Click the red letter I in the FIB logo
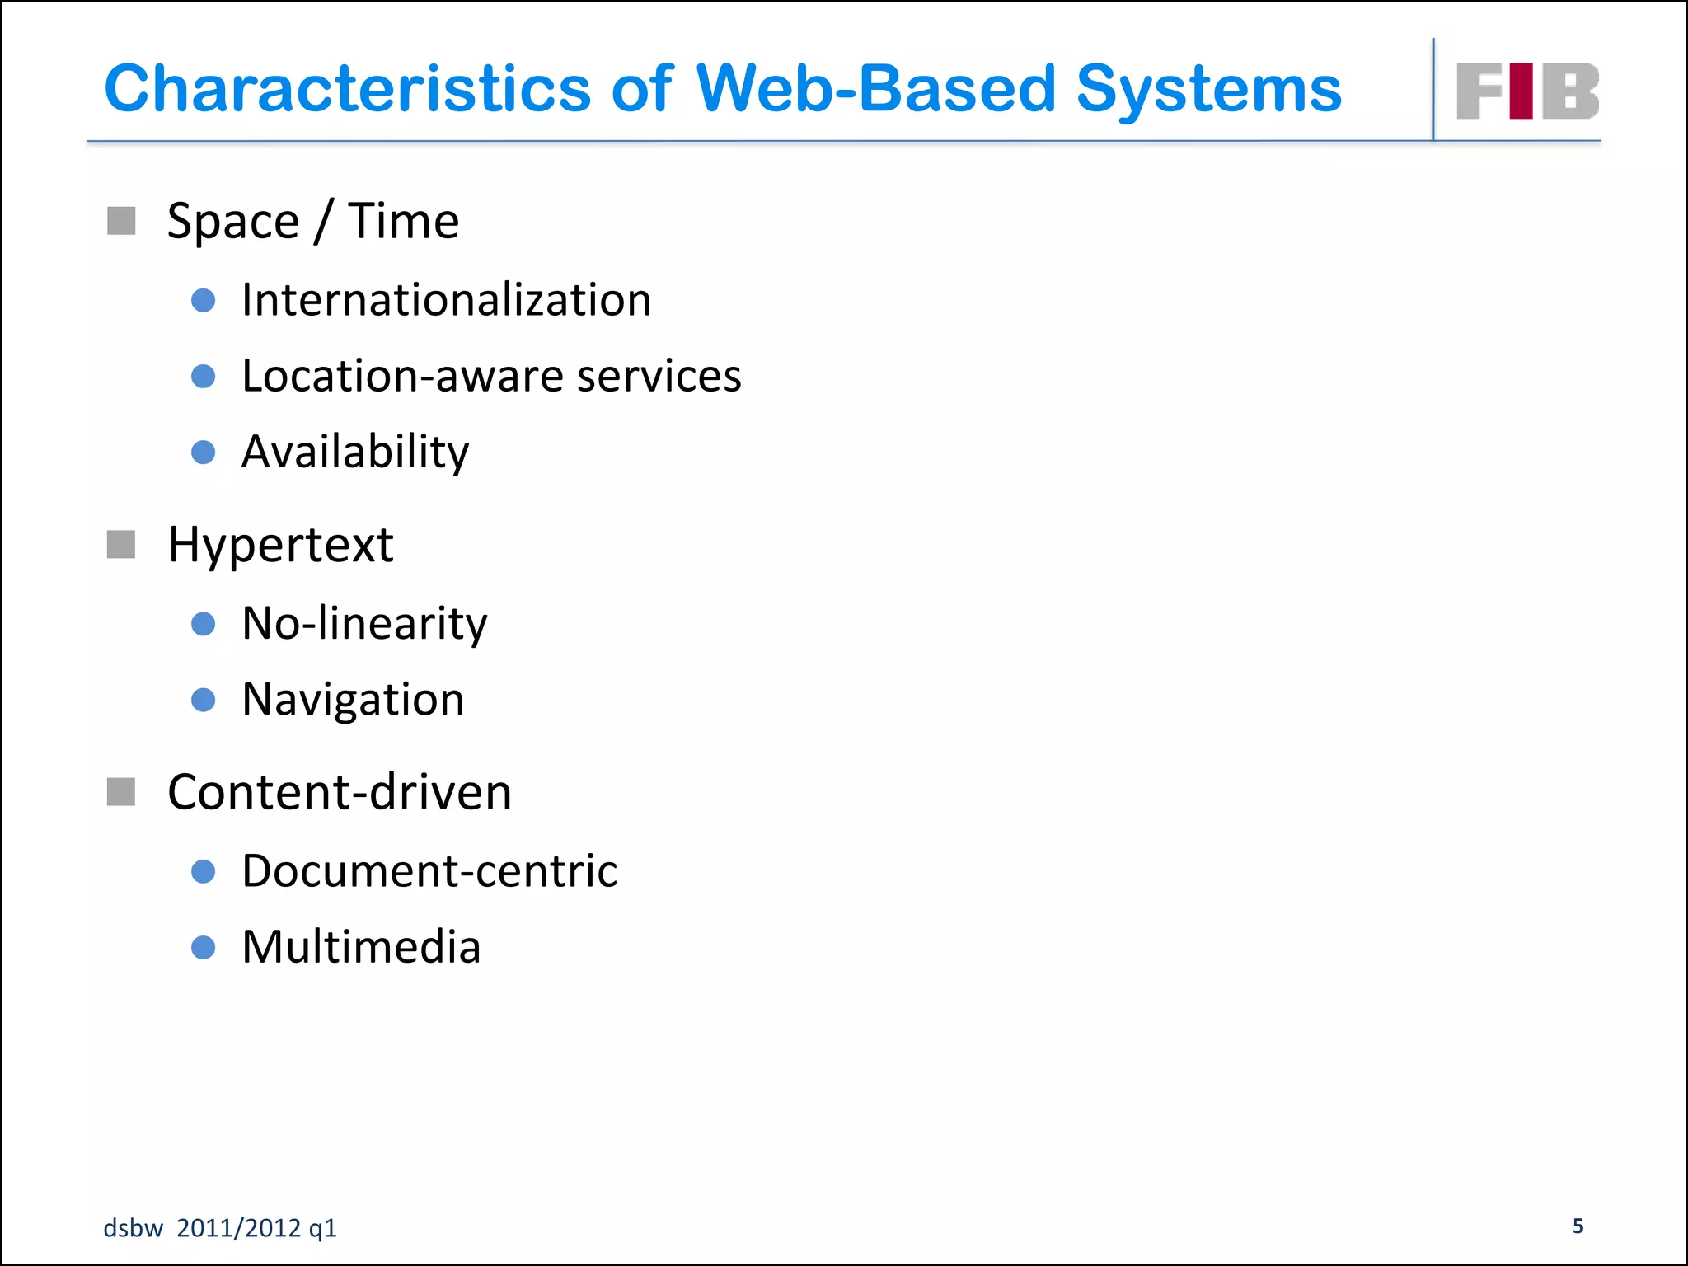(x=1521, y=91)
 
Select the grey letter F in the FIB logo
(x=1479, y=91)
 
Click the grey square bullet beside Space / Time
(x=121, y=221)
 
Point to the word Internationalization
(x=446, y=300)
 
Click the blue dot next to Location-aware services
(x=203, y=377)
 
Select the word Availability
(x=355, y=452)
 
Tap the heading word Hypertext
(x=280, y=545)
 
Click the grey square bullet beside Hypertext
(x=121, y=545)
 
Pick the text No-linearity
(x=364, y=623)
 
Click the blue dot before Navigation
(x=203, y=701)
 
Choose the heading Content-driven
(x=340, y=792)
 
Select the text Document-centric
(x=429, y=871)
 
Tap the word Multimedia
(x=361, y=947)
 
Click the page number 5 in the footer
(x=1578, y=1226)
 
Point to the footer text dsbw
(x=133, y=1228)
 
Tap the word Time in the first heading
(x=403, y=221)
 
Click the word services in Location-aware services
(x=659, y=377)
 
